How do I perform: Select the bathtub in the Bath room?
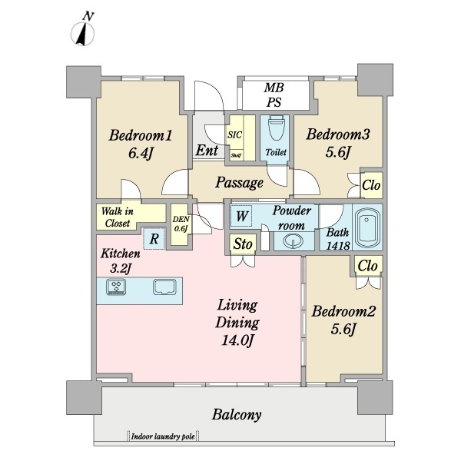click(366, 227)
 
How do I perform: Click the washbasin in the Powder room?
click(294, 240)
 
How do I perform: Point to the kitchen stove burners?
click(116, 287)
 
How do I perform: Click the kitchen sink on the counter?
click(164, 287)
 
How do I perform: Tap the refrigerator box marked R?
click(154, 238)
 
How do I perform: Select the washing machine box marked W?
click(241, 216)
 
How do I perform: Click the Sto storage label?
click(243, 244)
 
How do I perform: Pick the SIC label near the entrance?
click(234, 135)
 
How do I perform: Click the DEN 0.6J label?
click(181, 224)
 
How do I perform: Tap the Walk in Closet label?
click(118, 217)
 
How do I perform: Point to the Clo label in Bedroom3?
click(371, 185)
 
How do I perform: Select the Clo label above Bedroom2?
click(367, 266)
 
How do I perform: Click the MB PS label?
click(274, 95)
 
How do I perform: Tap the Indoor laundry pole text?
click(163, 436)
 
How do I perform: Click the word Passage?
click(239, 183)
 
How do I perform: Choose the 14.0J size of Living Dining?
click(237, 340)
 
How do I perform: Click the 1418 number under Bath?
click(338, 245)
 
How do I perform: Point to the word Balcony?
click(237, 415)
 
